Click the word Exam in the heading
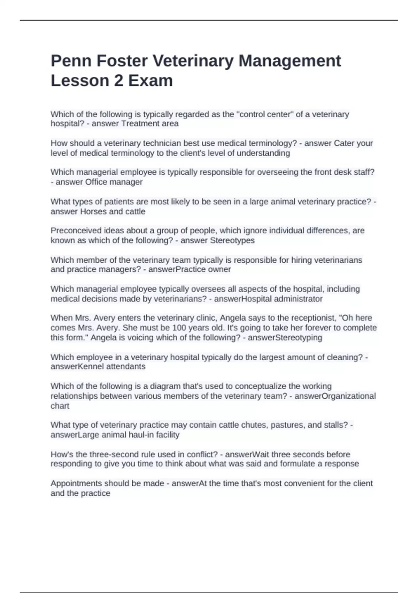[x=150, y=81]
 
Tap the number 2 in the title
[x=118, y=81]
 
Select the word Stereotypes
[x=232, y=240]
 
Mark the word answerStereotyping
[x=285, y=338]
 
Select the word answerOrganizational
[x=335, y=396]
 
